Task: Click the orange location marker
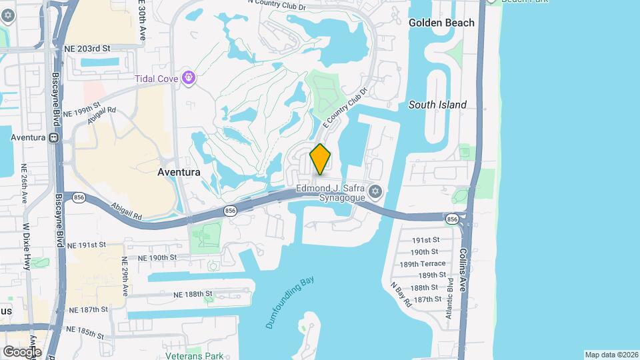[321, 159]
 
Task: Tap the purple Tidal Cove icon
[190, 79]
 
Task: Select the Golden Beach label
[441, 23]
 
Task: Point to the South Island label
[437, 105]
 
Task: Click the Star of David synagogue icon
[375, 192]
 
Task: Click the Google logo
[22, 351]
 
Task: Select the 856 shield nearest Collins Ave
[452, 219]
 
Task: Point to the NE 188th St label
[193, 294]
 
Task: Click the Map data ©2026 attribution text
[611, 355]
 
